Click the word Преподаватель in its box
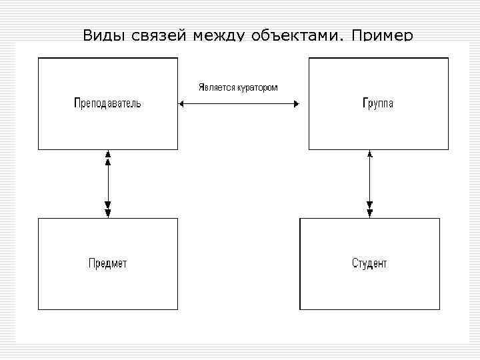[107, 103]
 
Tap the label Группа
[377, 103]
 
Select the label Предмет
[107, 263]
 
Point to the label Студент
[369, 263]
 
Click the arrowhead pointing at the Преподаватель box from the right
[181, 103]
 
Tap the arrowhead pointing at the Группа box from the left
[296, 103]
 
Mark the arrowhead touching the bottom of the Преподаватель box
[108, 154]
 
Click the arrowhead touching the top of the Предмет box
[108, 213]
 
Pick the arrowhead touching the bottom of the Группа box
[370, 154]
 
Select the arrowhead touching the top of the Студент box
[370, 213]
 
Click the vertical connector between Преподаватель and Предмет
[108, 183]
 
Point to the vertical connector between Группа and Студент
[370, 183]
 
